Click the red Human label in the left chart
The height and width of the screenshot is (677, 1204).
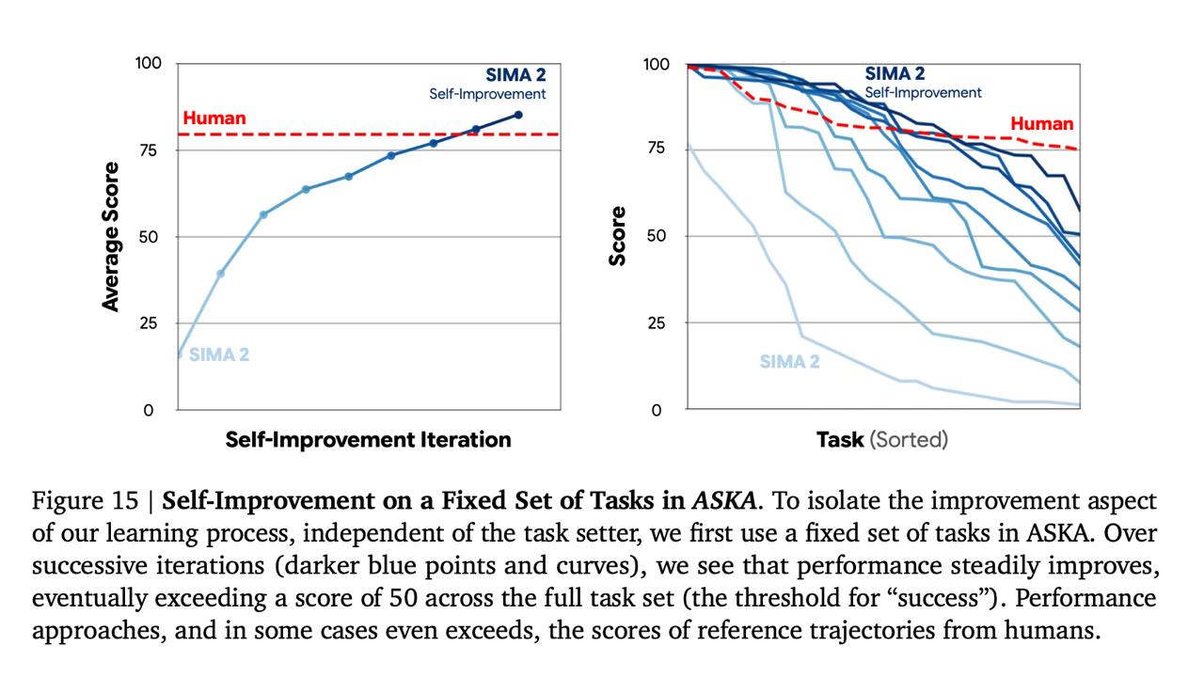coord(214,118)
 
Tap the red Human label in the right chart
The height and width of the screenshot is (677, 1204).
coord(1041,124)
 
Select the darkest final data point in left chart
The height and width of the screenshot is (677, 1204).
coord(518,115)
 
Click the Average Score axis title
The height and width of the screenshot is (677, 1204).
coord(112,237)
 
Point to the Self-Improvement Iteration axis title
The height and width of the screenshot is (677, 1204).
coord(368,439)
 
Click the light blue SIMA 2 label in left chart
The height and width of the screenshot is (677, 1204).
coord(219,355)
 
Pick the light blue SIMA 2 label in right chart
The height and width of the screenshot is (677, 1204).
coord(789,361)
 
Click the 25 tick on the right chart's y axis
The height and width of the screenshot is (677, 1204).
coord(655,323)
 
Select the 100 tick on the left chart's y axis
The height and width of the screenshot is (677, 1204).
coord(149,64)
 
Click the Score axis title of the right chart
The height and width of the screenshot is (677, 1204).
coord(618,236)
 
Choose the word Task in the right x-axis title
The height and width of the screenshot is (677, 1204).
coord(840,439)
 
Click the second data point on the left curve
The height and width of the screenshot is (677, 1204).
coord(221,274)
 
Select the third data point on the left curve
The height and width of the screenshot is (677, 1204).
coord(263,214)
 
